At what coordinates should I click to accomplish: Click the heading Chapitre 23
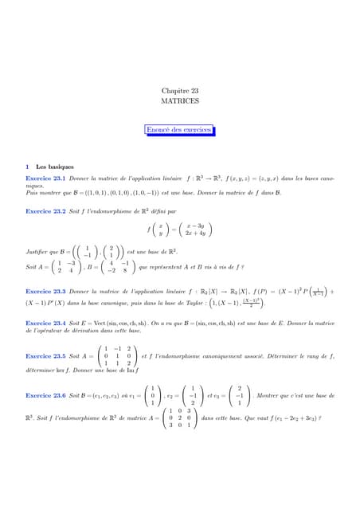180,92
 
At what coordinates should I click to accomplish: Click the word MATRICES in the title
180,104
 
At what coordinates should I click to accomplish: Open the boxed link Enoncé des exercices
179,129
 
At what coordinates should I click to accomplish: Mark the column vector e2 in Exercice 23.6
194,394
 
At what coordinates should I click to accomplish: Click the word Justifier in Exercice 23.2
38,251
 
